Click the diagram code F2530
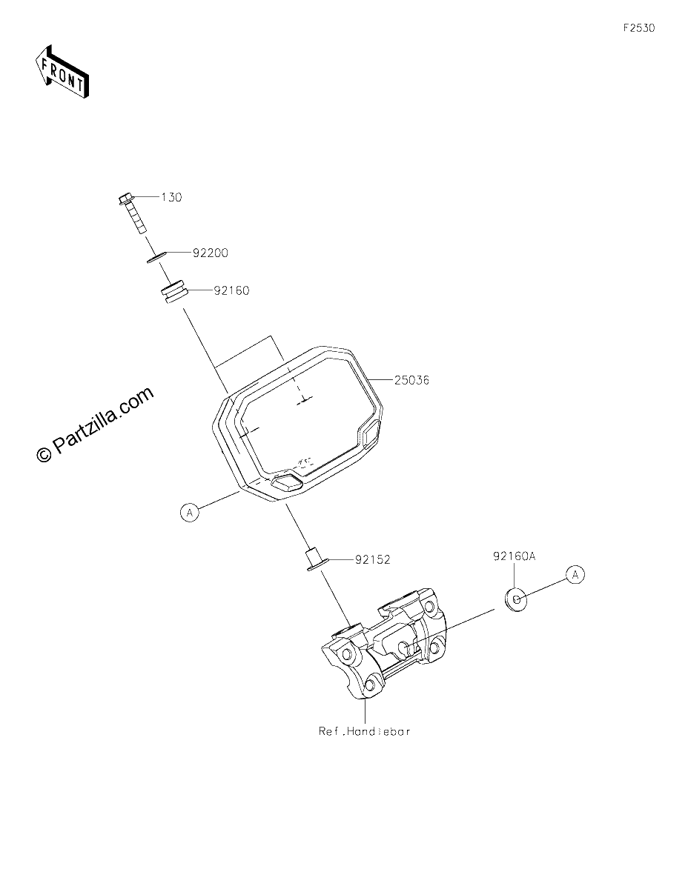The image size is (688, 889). click(x=639, y=28)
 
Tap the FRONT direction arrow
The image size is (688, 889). click(x=62, y=71)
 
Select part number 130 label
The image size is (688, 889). click(x=171, y=197)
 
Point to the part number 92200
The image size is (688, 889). click(x=210, y=253)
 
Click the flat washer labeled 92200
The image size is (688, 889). click(x=156, y=257)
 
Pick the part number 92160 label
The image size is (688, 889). click(x=231, y=290)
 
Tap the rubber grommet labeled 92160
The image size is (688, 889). click(x=173, y=292)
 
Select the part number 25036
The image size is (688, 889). click(x=411, y=381)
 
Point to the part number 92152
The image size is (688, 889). click(x=372, y=559)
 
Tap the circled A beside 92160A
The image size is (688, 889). click(x=575, y=574)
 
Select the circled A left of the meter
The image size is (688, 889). click(x=190, y=512)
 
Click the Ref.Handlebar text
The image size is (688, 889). click(x=364, y=731)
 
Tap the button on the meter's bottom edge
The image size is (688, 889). click(x=286, y=483)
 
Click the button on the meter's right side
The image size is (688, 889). click(x=371, y=435)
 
